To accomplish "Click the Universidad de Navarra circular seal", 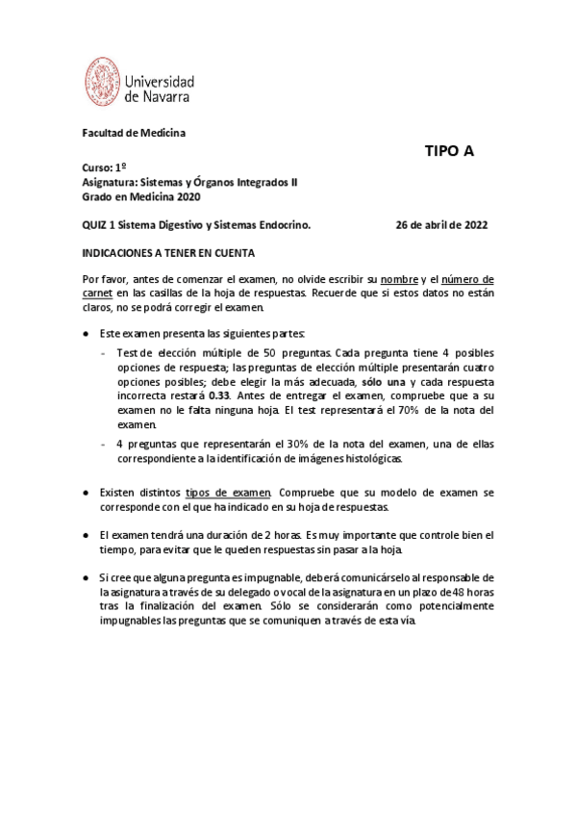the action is (x=104, y=82).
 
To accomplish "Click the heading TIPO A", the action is (x=450, y=151).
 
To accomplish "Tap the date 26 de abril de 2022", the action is (x=441, y=225).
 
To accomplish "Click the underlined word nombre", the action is (x=398, y=279).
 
